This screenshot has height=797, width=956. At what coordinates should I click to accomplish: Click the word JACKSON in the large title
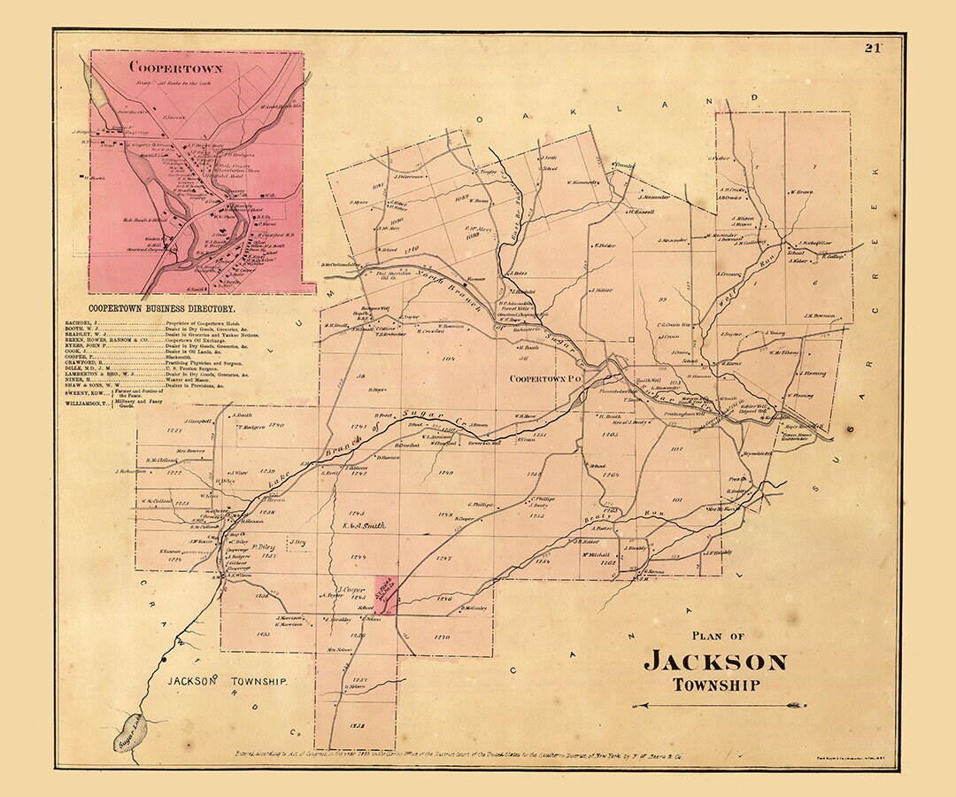tap(714, 662)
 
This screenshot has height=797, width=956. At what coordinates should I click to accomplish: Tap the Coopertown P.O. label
tap(543, 378)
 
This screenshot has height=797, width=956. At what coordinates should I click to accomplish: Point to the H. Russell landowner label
tap(642, 212)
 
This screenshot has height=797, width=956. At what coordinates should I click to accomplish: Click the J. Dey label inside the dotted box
tap(297, 541)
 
